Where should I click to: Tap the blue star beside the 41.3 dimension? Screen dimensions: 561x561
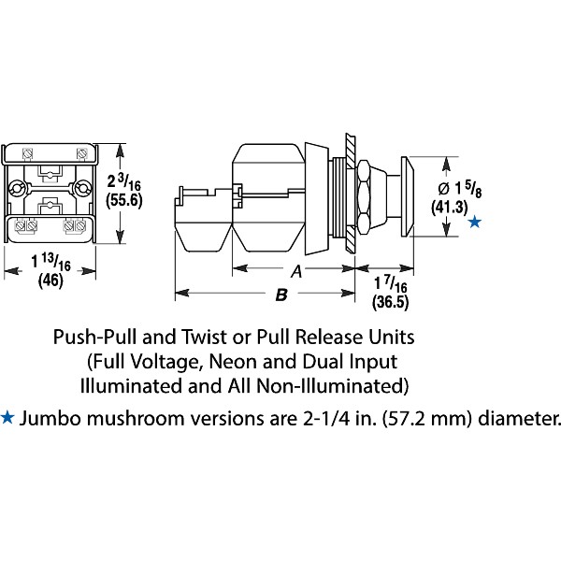[x=475, y=222]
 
